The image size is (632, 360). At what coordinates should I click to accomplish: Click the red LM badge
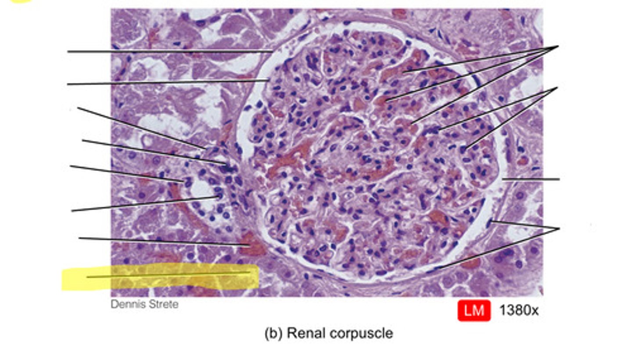coord(474,311)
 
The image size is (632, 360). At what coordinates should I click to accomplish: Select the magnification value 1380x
coord(519,311)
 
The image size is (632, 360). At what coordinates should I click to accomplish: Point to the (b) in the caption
coord(273,333)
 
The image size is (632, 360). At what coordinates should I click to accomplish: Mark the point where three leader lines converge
coord(558,46)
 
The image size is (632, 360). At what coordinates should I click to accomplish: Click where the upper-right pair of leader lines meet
coord(557,88)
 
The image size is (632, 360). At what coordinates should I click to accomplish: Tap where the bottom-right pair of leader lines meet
coord(559,229)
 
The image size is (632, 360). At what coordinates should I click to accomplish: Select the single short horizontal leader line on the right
coord(531,179)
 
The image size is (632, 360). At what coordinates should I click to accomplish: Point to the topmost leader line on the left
coord(170,52)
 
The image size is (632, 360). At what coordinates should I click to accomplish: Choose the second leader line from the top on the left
coord(168,83)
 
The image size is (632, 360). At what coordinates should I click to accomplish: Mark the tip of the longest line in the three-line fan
coord(411,123)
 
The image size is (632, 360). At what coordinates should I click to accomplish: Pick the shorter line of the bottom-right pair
coord(525,225)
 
